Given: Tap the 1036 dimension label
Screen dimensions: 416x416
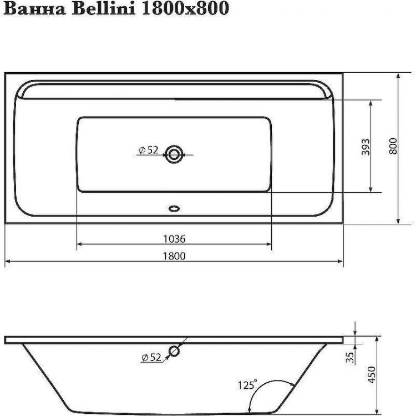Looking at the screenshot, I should point(174,239).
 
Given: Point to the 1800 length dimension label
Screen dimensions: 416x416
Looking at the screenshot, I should point(174,255).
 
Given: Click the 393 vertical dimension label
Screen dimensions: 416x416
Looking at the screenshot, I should point(366,146).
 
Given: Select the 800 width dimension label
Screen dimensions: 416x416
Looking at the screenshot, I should point(393,146).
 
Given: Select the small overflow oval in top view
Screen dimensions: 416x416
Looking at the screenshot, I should point(174,209).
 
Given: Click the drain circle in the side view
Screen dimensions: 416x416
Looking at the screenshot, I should point(174,351).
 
